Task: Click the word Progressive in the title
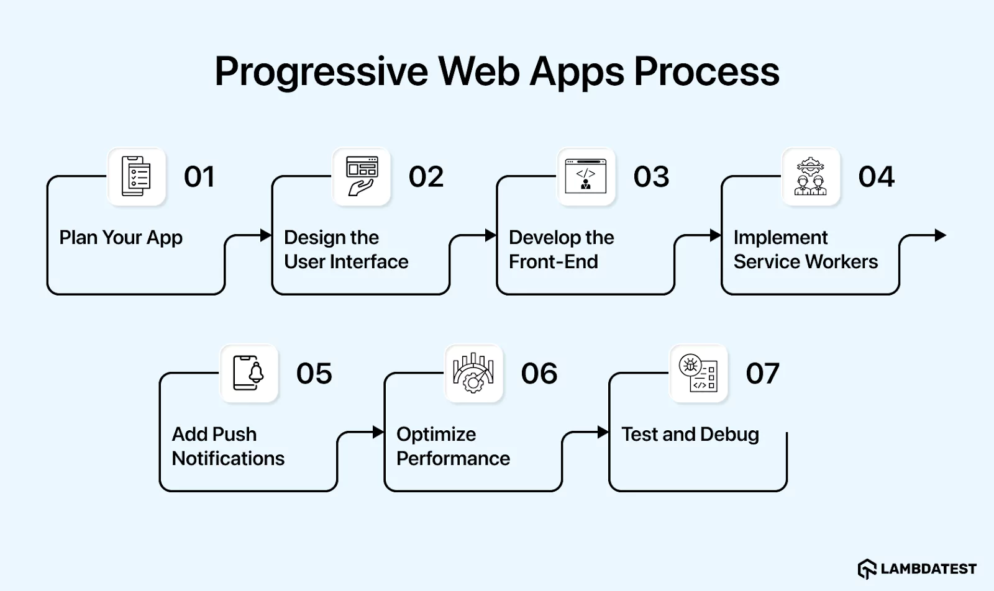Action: click(321, 72)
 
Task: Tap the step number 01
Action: click(199, 177)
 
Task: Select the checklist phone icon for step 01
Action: click(137, 176)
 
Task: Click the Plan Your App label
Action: click(121, 237)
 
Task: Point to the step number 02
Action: click(426, 177)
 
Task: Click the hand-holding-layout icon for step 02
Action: click(362, 176)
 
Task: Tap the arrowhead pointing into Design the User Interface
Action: click(266, 235)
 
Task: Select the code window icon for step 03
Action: click(586, 176)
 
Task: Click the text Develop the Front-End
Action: click(561, 249)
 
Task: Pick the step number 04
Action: click(876, 177)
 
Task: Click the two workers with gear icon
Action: click(811, 176)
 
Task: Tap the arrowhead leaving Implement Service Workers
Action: click(941, 235)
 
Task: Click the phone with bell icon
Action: click(248, 373)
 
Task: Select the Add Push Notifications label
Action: click(227, 446)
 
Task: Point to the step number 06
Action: click(539, 374)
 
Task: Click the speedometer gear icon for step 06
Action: click(473, 373)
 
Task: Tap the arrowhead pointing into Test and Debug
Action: click(603, 432)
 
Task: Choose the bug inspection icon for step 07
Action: click(698, 373)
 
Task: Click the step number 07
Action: click(762, 374)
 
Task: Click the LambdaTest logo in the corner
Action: click(917, 569)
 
